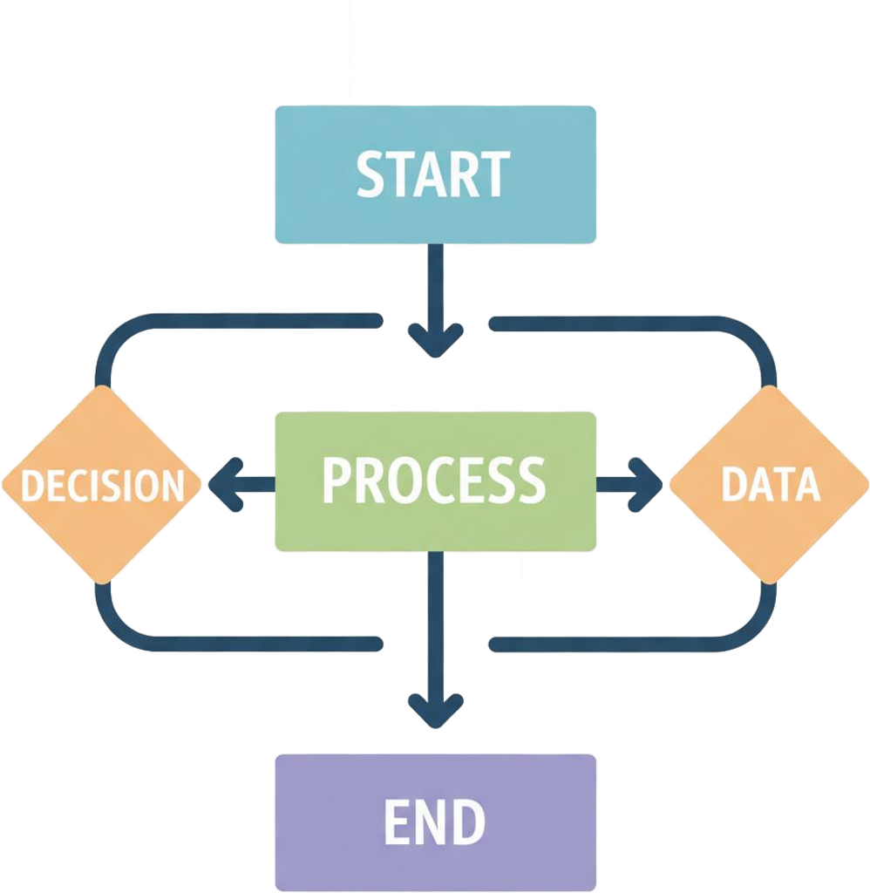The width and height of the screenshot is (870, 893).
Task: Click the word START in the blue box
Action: tap(433, 174)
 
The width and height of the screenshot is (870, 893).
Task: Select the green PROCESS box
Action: tap(435, 523)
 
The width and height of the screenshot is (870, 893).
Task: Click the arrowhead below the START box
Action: tap(435, 342)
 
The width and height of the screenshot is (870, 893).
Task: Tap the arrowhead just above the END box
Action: tap(435, 712)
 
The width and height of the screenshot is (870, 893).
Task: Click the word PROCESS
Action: tap(433, 480)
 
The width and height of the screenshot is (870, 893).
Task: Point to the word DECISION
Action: tap(102, 485)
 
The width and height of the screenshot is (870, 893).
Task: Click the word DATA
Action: tap(771, 485)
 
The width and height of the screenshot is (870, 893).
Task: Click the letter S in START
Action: tap(371, 174)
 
